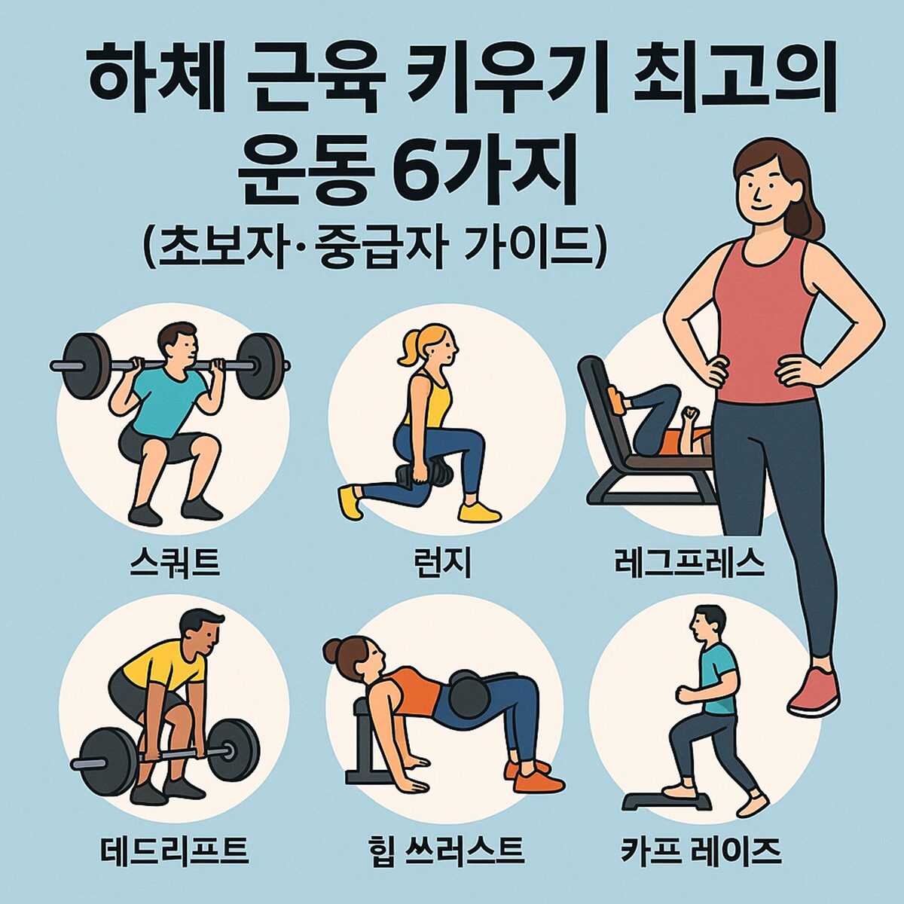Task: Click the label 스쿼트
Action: (174, 563)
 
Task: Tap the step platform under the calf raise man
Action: (667, 799)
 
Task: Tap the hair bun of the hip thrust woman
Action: (333, 649)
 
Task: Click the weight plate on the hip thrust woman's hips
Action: (469, 696)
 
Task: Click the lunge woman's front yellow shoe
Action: (479, 512)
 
